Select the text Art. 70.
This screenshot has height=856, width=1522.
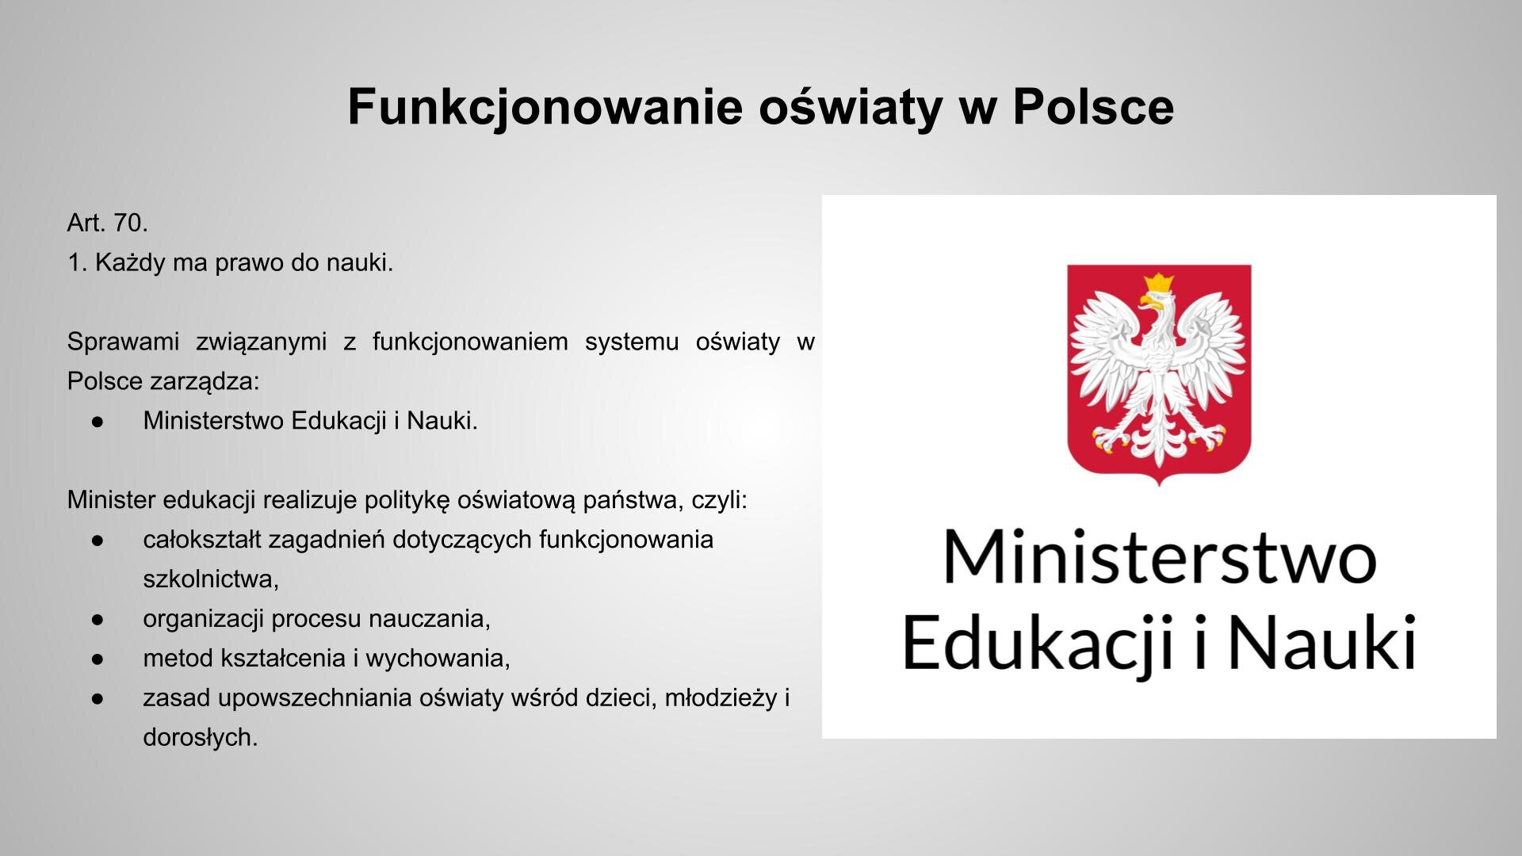(107, 223)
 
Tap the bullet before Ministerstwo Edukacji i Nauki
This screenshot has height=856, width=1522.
(98, 422)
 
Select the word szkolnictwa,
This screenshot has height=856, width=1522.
(211, 579)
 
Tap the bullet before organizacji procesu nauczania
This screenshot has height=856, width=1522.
(98, 619)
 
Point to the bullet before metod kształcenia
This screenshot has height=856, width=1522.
(98, 659)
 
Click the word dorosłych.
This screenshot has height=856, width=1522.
(200, 738)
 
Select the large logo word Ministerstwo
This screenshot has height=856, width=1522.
(1159, 557)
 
